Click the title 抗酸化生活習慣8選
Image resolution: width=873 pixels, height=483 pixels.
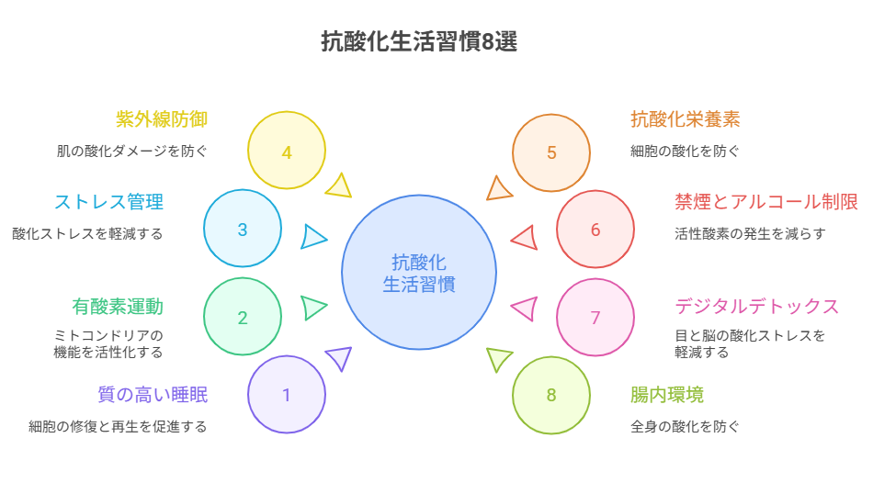tap(418, 42)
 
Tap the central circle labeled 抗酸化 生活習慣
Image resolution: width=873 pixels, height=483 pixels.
tap(419, 272)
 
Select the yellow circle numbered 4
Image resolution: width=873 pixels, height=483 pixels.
tap(287, 152)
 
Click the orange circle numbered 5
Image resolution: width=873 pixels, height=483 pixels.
tap(551, 152)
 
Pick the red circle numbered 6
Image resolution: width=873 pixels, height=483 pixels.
tap(595, 230)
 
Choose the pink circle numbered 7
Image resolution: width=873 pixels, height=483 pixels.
tap(595, 318)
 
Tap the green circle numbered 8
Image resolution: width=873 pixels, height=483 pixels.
tap(551, 396)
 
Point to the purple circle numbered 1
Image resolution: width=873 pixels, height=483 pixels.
tap(287, 396)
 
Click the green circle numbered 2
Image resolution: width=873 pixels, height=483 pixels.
tap(243, 318)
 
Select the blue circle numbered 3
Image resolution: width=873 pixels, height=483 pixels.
tap(243, 230)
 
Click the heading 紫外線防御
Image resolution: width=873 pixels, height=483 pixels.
tap(162, 120)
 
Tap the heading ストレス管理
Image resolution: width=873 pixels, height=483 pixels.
tap(108, 202)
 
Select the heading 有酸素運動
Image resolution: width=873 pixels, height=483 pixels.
tap(118, 307)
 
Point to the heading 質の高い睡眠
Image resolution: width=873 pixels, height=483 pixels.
tap(153, 395)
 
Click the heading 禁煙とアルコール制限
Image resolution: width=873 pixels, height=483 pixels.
tap(766, 202)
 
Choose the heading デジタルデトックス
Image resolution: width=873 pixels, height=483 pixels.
tap(757, 307)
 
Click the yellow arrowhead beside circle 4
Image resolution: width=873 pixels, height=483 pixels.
tap(340, 186)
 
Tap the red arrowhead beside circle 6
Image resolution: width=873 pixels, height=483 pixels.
tap(525, 238)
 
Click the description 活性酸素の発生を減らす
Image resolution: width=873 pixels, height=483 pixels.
tap(750, 234)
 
